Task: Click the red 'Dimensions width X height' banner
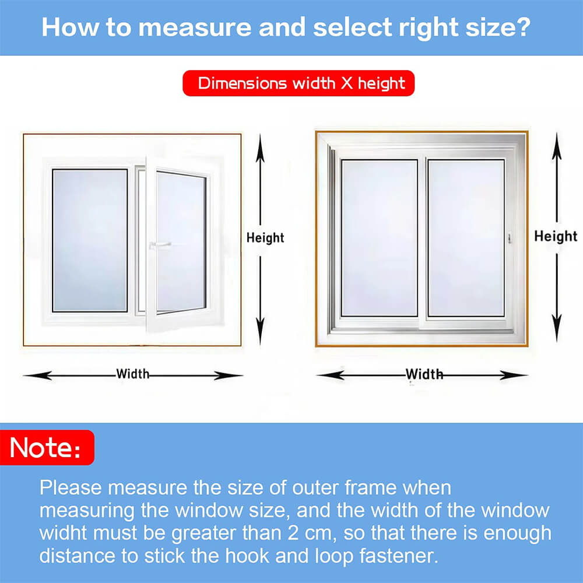(x=298, y=83)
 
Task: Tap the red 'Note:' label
(x=47, y=447)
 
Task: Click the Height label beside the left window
(x=265, y=238)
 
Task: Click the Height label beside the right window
(x=556, y=236)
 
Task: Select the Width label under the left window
(x=133, y=374)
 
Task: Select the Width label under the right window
(x=424, y=374)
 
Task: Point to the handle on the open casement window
(x=160, y=245)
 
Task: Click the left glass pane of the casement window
(x=90, y=240)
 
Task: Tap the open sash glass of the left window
(x=181, y=242)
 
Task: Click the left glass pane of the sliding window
(x=380, y=238)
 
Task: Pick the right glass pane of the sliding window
(x=466, y=238)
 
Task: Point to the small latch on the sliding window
(x=510, y=238)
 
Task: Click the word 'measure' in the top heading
(x=195, y=27)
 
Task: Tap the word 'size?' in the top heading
(x=498, y=28)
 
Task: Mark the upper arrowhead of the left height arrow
(x=260, y=148)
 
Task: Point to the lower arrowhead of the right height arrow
(x=557, y=328)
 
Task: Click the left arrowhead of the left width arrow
(x=37, y=375)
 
